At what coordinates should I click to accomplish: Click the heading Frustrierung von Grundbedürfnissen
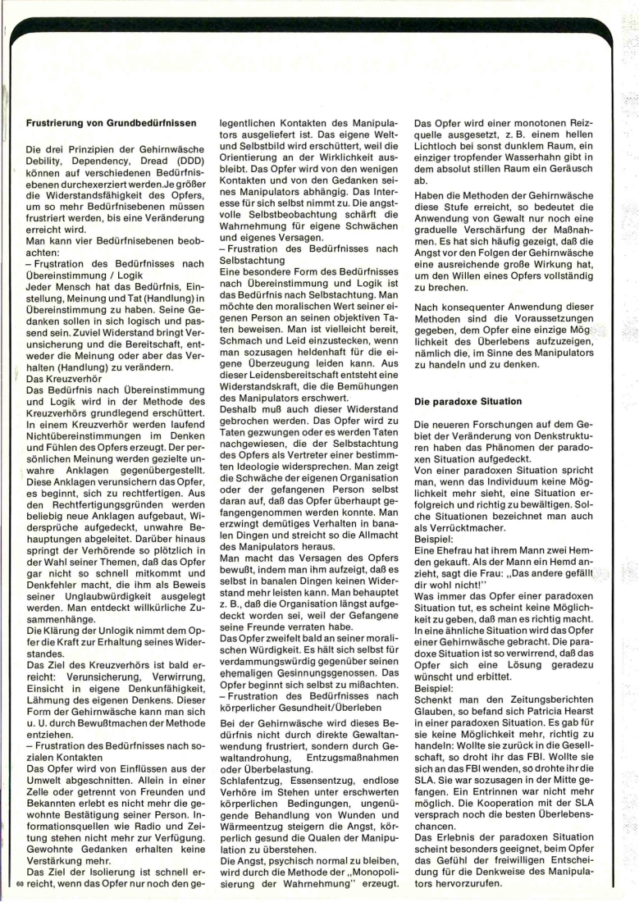(111, 124)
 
